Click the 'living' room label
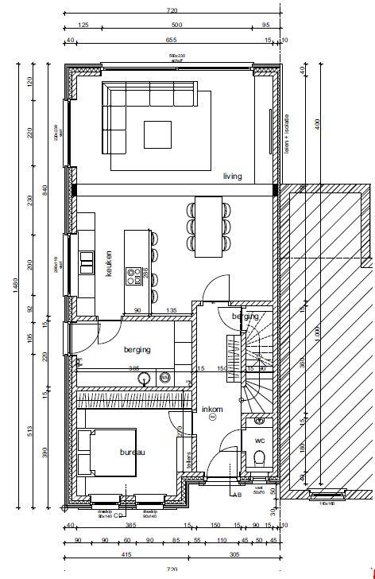coord(232,176)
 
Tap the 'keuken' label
coord(109,262)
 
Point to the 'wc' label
coord(259,439)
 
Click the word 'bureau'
coord(133,452)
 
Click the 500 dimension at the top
coord(177,25)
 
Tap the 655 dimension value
coord(171,40)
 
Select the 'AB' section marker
coord(236,495)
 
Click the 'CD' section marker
coord(118,514)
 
